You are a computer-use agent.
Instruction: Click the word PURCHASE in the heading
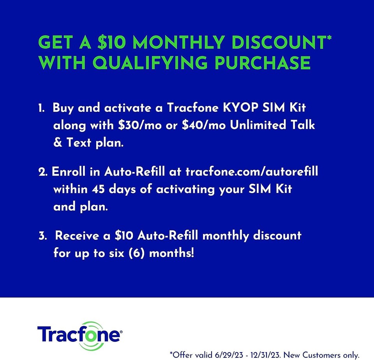[265, 62]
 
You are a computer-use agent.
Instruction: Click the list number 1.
[42, 108]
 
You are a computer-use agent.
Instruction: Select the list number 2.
[42, 172]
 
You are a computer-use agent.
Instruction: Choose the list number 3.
[42, 236]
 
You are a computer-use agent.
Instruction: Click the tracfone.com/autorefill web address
[252, 172]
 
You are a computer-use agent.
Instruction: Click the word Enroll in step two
[67, 172]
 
